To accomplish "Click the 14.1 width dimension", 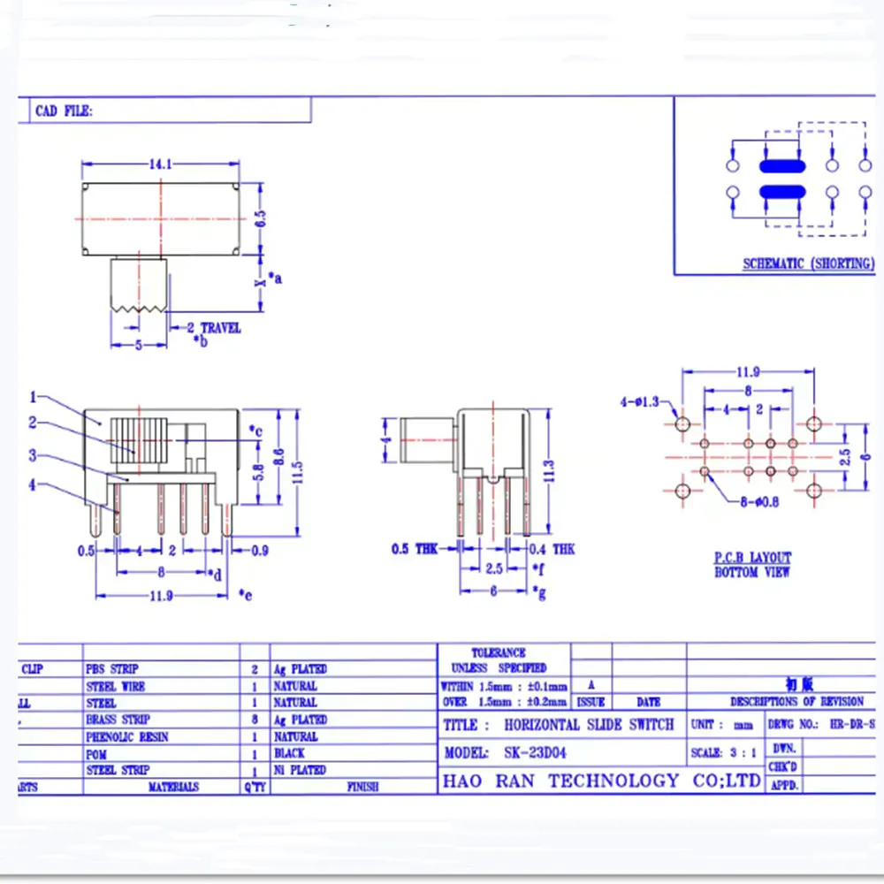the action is (x=160, y=164).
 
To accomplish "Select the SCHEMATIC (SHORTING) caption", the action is (x=808, y=263).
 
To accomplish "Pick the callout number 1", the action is (x=33, y=397).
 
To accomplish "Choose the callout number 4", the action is (x=33, y=484).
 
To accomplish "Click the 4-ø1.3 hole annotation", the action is (x=640, y=403).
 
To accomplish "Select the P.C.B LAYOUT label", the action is (x=752, y=558).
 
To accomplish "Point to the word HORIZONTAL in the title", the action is (x=543, y=725).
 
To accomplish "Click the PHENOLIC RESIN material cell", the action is (x=127, y=736).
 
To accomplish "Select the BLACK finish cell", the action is (x=289, y=753).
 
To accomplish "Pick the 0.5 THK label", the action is (x=414, y=549).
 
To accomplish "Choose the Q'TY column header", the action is (x=255, y=786).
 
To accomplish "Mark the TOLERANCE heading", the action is (x=499, y=652).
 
